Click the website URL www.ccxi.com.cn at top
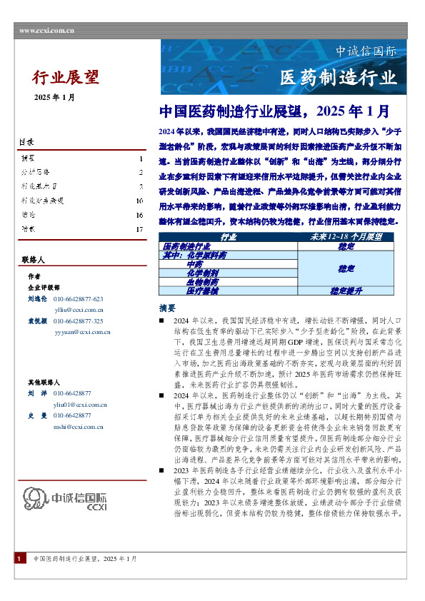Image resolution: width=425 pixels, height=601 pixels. point(47,31)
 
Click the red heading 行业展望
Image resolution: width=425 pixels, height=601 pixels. point(66,76)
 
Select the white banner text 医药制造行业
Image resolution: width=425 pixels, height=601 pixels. point(338,77)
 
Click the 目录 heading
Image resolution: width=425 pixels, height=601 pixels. point(26,143)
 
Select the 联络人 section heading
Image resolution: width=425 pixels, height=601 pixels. point(33,261)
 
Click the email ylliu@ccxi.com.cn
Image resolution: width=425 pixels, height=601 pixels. point(79,310)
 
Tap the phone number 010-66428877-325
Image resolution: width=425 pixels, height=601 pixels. point(79,322)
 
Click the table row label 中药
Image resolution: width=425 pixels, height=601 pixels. point(184,264)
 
